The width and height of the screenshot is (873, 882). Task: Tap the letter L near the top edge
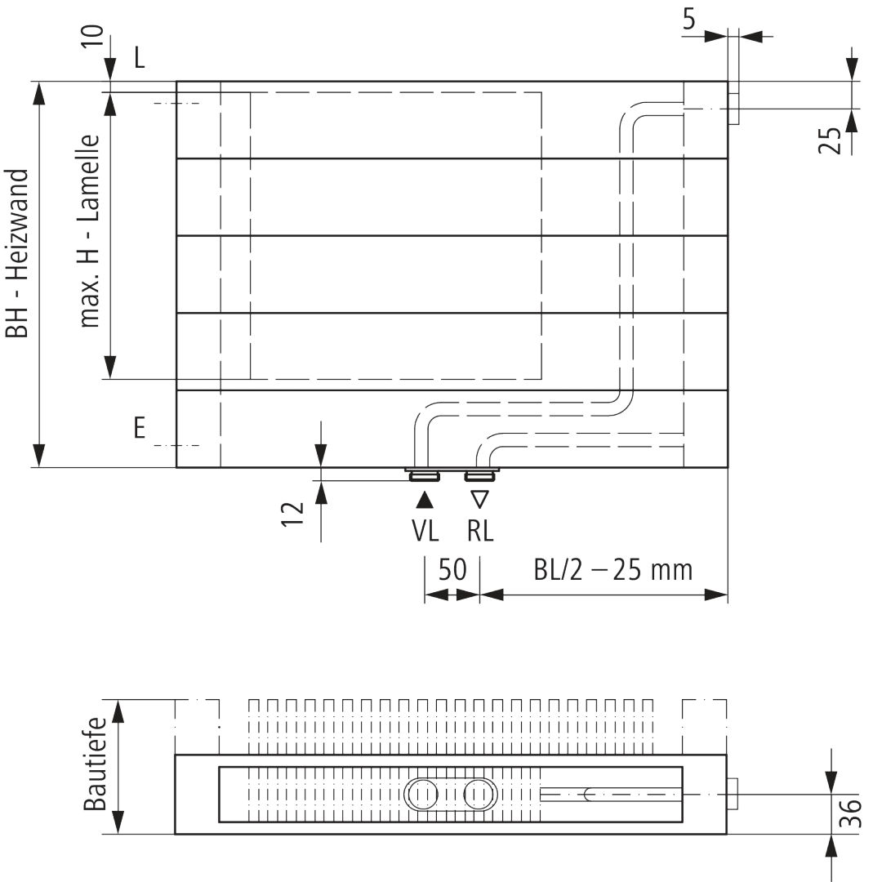coord(139,57)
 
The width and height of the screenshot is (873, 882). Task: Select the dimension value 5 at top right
coord(689,20)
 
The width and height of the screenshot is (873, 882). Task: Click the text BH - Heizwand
coord(17,254)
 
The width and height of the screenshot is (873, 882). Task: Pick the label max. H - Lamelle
coord(90,231)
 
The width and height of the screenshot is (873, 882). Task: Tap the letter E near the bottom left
coord(140,428)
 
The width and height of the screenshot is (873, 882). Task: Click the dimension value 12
coord(292,514)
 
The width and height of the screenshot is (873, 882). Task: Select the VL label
coord(425,531)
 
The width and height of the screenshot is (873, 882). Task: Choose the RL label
coord(480,531)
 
